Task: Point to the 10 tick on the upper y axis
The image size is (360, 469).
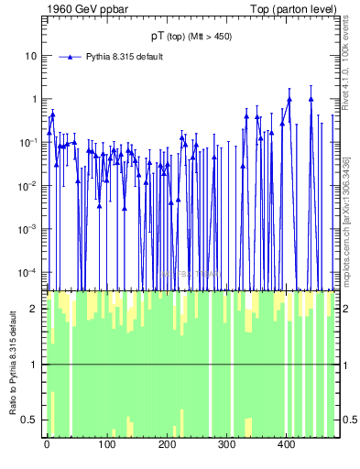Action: (x=30, y=56)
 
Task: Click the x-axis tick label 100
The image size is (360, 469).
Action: (x=107, y=446)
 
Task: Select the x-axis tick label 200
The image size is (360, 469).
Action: (x=167, y=446)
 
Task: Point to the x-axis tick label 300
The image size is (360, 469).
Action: (x=226, y=446)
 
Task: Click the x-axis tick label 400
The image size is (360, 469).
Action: (x=287, y=446)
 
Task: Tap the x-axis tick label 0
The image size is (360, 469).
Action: (x=47, y=446)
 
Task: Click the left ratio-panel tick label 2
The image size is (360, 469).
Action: (x=36, y=309)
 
